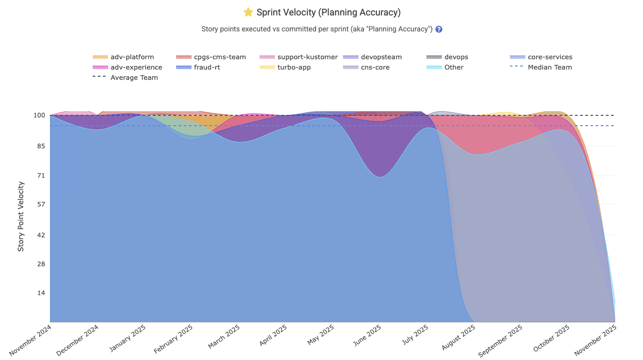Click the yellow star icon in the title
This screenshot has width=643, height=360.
(248, 12)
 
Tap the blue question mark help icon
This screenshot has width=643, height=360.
(439, 29)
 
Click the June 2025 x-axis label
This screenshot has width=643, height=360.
(367, 338)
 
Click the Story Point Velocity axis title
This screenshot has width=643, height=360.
(21, 216)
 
